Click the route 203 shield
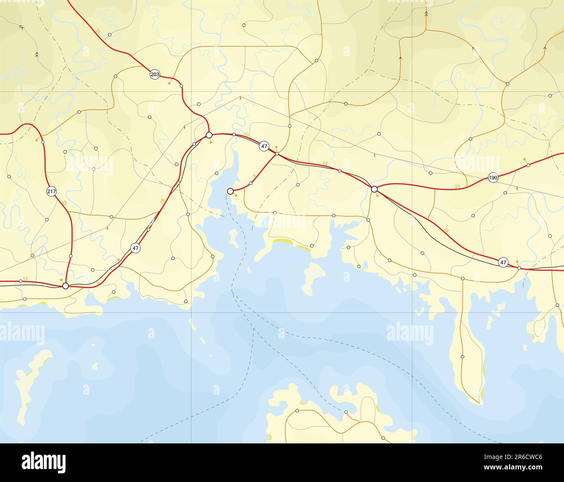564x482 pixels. (154, 74)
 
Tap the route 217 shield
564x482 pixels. (51, 191)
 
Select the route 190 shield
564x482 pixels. (493, 177)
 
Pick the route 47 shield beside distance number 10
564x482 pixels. (264, 147)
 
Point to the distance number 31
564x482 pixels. (98, 31)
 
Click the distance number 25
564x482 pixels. (65, 203)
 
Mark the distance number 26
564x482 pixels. (162, 201)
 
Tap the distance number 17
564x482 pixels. (25, 279)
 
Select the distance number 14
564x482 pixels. (325, 163)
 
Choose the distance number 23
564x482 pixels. (457, 187)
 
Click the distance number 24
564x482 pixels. (447, 230)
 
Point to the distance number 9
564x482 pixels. (254, 176)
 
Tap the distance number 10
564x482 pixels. (246, 135)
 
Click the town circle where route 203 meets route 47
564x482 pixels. (209, 135)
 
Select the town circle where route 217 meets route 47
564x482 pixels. (66, 285)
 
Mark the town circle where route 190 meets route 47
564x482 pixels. (374, 189)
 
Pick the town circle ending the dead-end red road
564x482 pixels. (230, 191)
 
